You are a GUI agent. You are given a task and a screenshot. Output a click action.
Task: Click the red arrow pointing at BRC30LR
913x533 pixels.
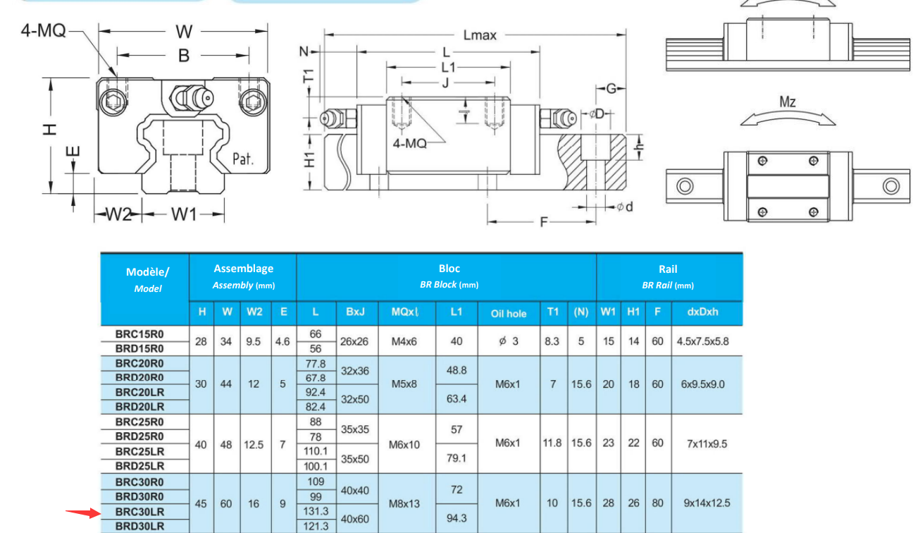83,513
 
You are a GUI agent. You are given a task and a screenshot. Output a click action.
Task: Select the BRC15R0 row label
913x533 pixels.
139,334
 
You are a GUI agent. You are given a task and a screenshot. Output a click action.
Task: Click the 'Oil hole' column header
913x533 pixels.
508,314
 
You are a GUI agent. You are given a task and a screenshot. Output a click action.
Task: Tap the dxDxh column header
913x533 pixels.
702,312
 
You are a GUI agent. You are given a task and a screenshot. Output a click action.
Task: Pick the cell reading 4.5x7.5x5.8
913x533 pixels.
702,341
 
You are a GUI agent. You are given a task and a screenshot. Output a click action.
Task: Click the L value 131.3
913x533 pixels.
316,511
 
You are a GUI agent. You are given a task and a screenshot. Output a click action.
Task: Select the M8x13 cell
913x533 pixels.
404,504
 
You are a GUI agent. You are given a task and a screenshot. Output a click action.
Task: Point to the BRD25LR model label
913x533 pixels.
139,466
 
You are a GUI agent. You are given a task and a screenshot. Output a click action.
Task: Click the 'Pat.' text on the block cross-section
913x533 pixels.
243,159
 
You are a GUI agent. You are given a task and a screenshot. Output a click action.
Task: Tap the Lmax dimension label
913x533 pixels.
480,35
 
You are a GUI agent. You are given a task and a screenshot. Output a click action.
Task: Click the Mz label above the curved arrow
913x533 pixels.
788,102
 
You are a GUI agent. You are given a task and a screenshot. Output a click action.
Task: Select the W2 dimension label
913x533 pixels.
118,214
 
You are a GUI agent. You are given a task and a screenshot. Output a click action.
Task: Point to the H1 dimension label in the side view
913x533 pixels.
310,160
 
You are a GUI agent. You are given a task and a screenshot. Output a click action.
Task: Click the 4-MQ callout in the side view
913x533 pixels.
409,143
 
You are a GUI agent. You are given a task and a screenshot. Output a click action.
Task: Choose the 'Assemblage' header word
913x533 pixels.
243,269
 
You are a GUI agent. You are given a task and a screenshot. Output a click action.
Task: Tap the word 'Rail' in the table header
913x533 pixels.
668,269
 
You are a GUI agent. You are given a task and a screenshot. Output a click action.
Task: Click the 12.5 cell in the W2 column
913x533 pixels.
254,444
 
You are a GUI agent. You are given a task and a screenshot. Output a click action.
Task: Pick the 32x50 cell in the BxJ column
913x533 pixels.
354,399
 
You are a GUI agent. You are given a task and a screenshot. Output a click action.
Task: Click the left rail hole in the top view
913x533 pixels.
685,186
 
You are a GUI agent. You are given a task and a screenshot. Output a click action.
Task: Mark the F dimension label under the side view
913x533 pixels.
543,222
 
